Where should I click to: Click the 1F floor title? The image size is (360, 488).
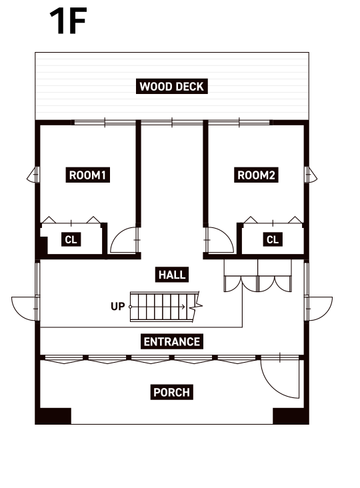point(68,21)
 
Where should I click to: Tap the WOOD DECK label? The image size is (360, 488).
point(172,87)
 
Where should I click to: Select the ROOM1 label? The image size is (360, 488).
point(87,175)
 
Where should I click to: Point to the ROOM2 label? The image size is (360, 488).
point(256,175)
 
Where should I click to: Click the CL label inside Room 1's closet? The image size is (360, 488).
point(71,239)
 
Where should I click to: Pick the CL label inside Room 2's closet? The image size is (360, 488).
point(273,239)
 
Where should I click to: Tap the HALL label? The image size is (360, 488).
point(172,275)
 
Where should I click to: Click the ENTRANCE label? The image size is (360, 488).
point(172,342)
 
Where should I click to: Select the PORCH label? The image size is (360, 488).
point(172,392)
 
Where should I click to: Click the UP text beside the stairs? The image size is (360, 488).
point(117,307)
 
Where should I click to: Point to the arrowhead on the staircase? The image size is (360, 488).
point(183,307)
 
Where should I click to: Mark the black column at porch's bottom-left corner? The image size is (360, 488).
point(53,416)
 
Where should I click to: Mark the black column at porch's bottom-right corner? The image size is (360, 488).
point(291,416)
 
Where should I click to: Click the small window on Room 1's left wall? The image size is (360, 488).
point(33,175)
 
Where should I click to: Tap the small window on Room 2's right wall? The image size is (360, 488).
point(311,175)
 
